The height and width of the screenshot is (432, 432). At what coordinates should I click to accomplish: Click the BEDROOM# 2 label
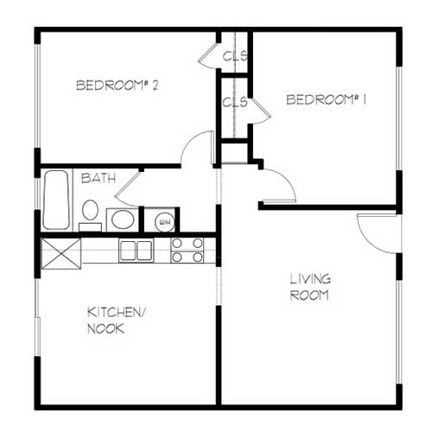118,86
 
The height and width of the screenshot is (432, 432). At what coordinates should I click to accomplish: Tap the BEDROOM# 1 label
327,99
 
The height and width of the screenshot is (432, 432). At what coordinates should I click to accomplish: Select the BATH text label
98,178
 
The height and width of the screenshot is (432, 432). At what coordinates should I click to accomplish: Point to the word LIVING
310,279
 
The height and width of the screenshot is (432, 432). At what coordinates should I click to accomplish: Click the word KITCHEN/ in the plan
117,313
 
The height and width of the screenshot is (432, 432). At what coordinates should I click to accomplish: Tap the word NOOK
105,328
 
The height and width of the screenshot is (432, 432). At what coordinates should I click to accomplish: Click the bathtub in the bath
56,200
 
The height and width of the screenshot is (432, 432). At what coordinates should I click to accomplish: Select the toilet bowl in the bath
90,210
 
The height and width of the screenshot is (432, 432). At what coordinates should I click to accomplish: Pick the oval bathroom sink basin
123,219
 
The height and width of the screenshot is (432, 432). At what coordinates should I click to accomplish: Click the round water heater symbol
165,222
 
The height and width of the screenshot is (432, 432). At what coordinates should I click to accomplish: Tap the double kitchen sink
137,251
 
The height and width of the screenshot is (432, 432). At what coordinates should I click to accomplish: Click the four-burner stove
187,251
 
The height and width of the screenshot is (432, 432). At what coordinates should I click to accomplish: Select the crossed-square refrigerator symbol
61,254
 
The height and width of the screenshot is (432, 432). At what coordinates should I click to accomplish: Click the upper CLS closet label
235,56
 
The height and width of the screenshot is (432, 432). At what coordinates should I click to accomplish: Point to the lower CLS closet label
235,102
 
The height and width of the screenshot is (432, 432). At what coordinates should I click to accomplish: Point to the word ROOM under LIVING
309,295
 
